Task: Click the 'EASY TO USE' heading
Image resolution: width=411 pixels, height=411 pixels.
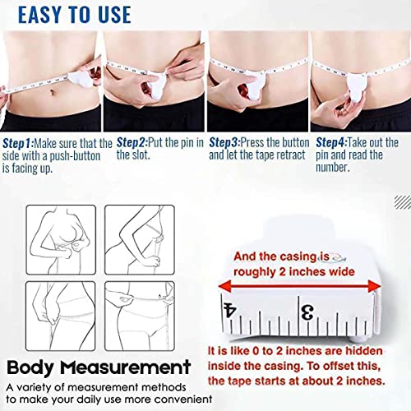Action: tap(75, 15)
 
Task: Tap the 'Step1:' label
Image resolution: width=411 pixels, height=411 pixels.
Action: tap(18, 143)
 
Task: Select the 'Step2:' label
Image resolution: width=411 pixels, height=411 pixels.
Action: tap(132, 143)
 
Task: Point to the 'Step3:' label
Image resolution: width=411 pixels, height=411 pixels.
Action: tap(224, 143)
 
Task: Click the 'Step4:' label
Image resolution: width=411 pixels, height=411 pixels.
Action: tap(331, 143)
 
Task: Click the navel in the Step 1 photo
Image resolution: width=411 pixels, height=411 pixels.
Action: tap(53, 92)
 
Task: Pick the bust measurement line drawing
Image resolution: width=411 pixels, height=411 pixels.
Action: tap(61, 240)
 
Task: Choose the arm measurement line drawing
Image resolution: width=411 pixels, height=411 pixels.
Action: tap(140, 240)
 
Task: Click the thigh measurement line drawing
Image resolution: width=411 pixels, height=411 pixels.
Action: tap(61, 316)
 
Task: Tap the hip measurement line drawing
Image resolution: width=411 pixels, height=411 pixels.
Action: tap(140, 316)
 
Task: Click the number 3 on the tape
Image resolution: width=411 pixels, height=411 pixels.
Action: tap(307, 312)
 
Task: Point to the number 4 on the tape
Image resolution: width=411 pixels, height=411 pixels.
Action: tap(229, 310)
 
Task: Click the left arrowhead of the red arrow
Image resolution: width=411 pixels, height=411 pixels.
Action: tap(224, 287)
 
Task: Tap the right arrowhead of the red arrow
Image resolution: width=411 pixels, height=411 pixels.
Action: tap(374, 287)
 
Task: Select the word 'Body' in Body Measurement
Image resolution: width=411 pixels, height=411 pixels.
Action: tap(30, 368)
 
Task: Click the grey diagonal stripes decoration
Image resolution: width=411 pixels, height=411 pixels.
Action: tap(403, 203)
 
